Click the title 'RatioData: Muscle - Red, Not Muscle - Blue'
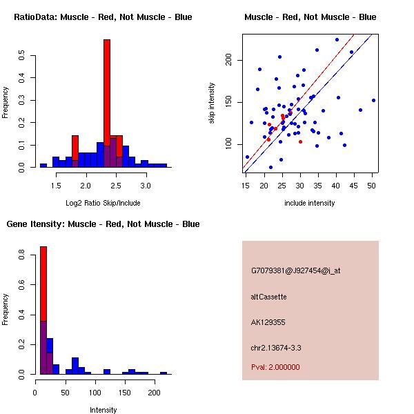[103, 17]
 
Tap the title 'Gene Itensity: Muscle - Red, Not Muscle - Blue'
[103, 224]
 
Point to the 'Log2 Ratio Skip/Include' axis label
[103, 204]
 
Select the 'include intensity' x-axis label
[310, 204]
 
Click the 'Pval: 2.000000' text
[275, 367]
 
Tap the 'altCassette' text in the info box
[269, 297]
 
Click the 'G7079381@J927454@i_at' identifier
[296, 270]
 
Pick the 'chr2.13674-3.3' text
[276, 347]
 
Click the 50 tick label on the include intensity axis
[372, 186]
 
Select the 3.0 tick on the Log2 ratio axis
[146, 186]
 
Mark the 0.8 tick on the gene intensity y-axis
[22, 256]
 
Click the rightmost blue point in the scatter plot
[373, 100]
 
